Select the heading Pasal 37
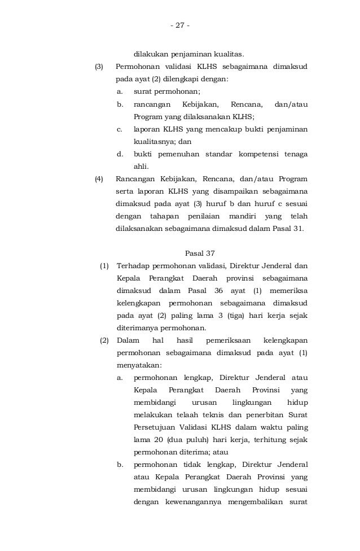pos(200,252)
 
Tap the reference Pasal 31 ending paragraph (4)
pos(289,229)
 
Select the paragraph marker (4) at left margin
pos(99,179)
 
